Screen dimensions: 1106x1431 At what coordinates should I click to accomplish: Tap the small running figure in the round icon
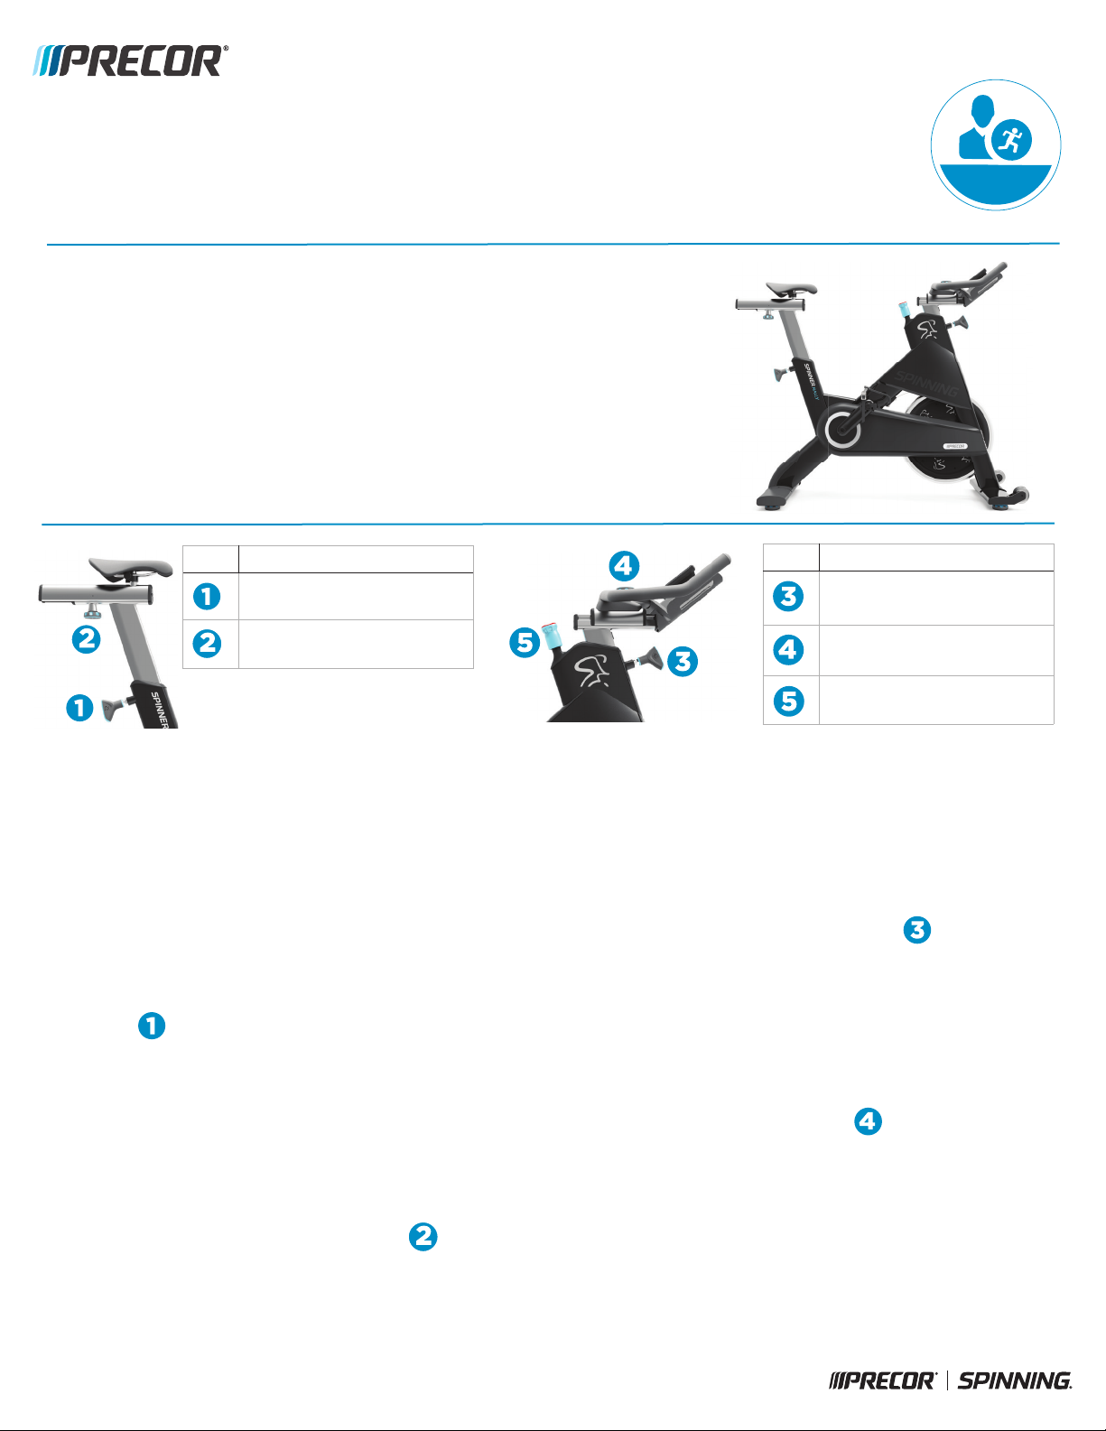tap(1011, 141)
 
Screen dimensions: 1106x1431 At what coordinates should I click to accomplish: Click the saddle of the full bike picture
tap(792, 290)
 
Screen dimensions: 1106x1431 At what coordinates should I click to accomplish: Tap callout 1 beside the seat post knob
tap(79, 707)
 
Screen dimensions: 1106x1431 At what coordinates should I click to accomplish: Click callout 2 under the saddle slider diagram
tap(86, 640)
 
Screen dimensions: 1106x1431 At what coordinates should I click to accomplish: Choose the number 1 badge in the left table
tap(207, 597)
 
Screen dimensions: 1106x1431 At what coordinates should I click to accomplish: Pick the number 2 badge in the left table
tap(207, 644)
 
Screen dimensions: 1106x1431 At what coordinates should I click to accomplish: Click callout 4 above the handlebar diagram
tap(624, 566)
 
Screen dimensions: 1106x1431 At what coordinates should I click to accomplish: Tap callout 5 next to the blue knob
tap(525, 643)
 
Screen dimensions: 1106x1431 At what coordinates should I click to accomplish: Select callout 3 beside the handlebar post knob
tap(683, 661)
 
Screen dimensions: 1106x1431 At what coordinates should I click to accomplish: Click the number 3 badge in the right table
tap(789, 597)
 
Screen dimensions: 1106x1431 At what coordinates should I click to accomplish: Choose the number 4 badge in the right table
tap(789, 649)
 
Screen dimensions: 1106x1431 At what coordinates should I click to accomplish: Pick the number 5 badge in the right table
tap(789, 701)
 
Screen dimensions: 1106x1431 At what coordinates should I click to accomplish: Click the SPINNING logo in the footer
tap(1015, 1380)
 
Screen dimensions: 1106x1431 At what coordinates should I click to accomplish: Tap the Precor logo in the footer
tap(883, 1380)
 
